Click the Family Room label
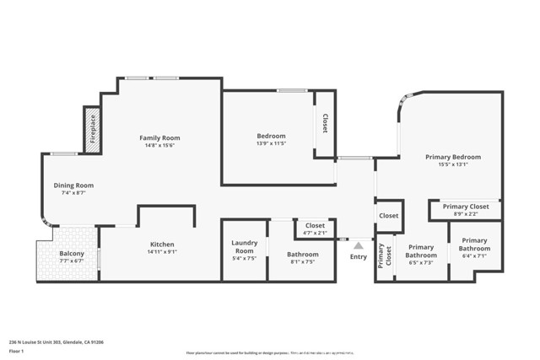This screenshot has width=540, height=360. point(160,137)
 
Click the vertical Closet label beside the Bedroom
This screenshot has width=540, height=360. point(325,123)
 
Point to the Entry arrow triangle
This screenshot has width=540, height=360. point(358,245)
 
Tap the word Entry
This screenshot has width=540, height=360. point(358,256)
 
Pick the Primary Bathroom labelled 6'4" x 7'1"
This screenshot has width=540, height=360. point(474,250)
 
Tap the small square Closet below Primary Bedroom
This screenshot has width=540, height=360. point(388,216)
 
